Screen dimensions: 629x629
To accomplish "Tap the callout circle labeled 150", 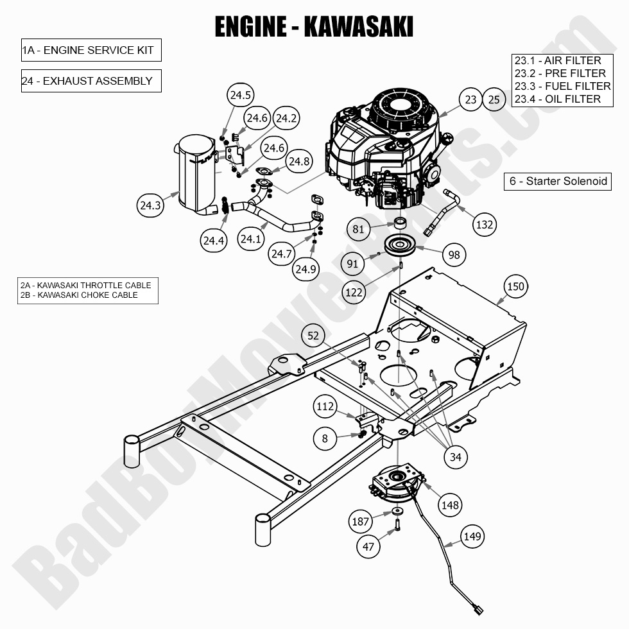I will [x=515, y=287].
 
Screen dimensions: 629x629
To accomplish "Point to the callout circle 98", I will [x=454, y=255].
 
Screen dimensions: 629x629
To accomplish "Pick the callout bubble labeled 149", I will [x=472, y=537].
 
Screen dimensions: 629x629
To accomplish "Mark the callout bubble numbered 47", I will [x=368, y=546].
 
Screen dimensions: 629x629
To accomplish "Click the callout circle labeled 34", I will [x=455, y=457].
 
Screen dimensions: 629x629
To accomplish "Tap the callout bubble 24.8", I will [x=299, y=162].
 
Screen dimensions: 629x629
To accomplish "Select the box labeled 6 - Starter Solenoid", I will [x=558, y=181].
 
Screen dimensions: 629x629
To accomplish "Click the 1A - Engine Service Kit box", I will [x=90, y=50].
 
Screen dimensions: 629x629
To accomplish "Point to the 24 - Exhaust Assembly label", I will [x=90, y=81].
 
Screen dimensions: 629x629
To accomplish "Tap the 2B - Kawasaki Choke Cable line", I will [x=79, y=295].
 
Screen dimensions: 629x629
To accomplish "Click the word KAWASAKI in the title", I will [x=358, y=27].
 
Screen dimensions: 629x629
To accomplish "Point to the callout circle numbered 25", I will [x=494, y=99].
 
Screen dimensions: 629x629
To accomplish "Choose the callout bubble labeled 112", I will [x=325, y=406].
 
